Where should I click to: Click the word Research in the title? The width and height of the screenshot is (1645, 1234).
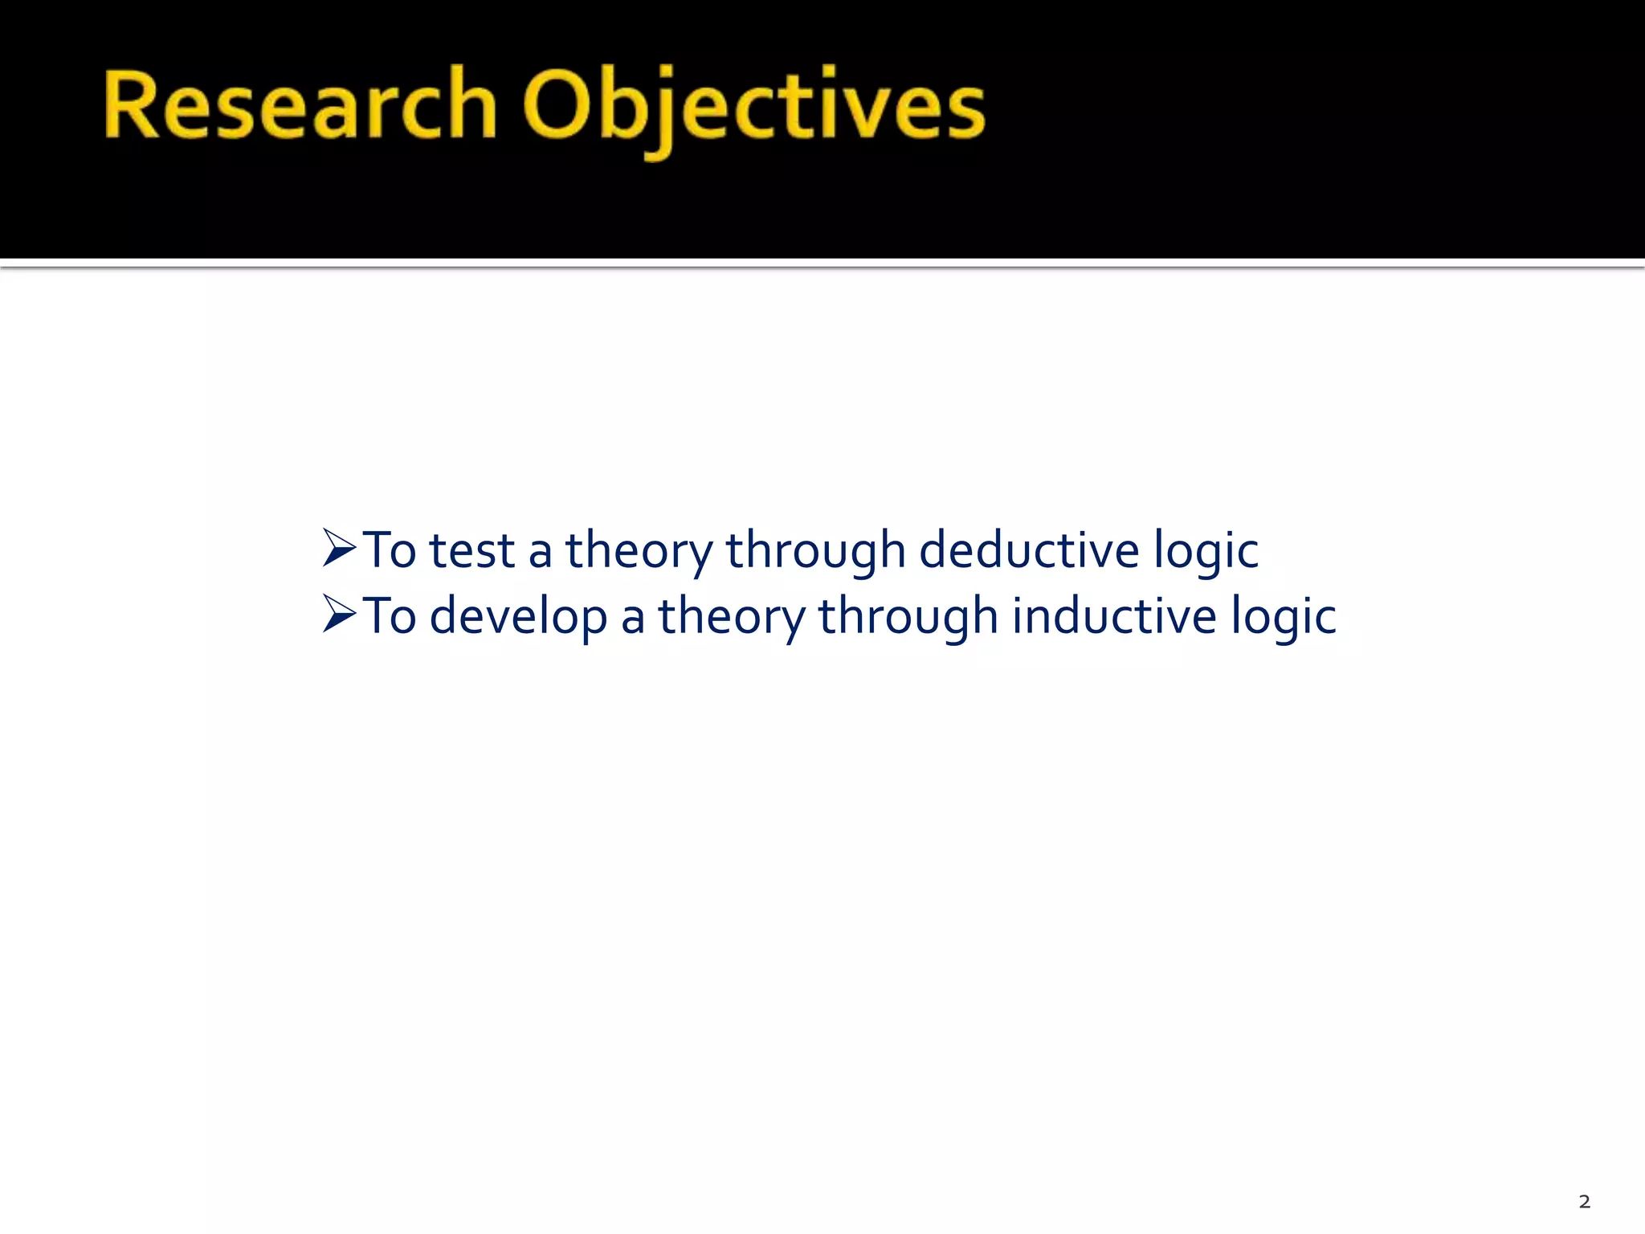coord(299,105)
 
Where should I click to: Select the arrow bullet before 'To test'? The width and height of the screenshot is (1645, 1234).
coord(339,549)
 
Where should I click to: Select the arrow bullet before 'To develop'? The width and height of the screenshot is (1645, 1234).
coord(339,615)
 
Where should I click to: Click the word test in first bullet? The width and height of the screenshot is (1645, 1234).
coord(471,552)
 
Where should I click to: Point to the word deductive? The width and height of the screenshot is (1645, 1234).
coord(1028,550)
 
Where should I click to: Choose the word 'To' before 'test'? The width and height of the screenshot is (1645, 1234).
coord(390,551)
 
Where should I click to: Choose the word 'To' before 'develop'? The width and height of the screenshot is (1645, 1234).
coord(390,617)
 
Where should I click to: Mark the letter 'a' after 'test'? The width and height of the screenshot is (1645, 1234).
coord(540,554)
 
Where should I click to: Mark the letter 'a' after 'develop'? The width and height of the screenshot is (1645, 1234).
coord(632,620)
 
